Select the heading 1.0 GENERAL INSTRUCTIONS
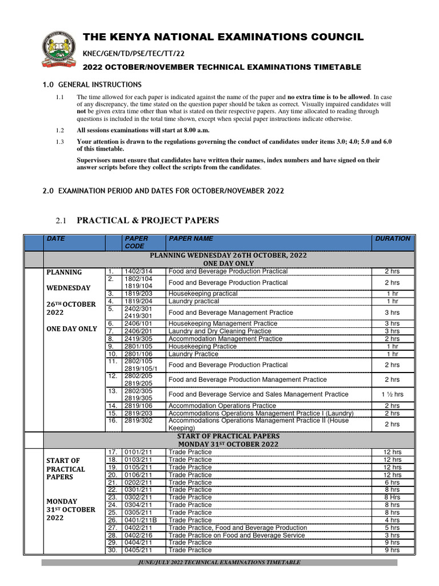[92, 85]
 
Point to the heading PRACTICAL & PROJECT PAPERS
[147, 220]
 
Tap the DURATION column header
[392, 239]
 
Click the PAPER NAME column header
[190, 239]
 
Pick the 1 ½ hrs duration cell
[392, 394]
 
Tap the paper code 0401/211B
[140, 520]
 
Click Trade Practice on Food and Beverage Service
[237, 535]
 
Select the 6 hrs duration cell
[392, 482]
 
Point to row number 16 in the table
[112, 421]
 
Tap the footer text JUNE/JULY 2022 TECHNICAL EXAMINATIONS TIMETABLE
[219, 563]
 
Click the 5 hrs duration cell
[392, 528]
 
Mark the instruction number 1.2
[60, 130]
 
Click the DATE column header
[56, 239]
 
